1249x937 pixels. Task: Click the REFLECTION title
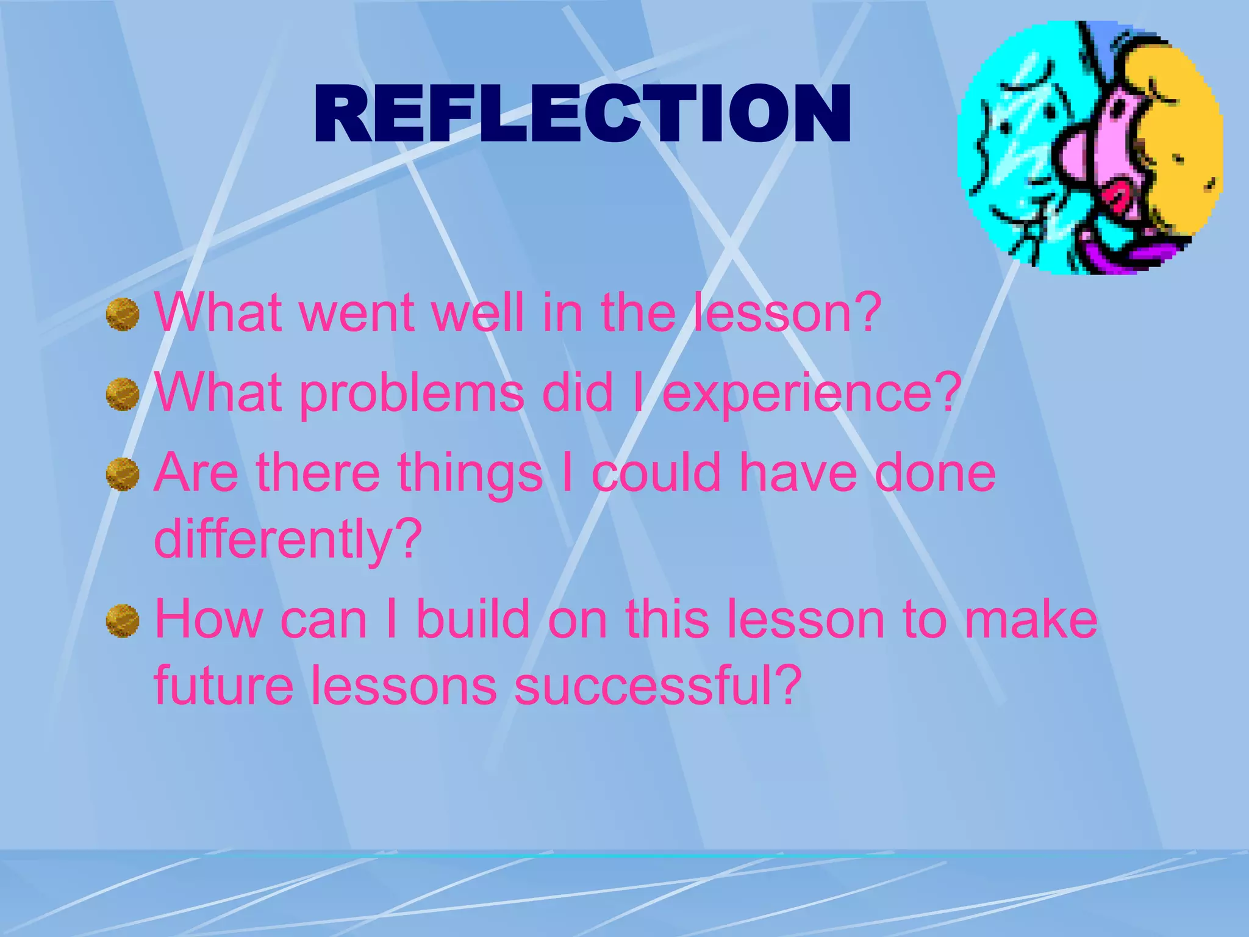click(x=582, y=114)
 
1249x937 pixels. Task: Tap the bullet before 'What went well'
click(x=123, y=314)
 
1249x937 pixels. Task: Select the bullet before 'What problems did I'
click(x=123, y=394)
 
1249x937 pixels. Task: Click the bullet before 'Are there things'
click(x=123, y=474)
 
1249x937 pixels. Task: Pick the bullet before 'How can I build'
click(x=123, y=620)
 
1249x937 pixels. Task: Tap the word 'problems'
click(x=412, y=393)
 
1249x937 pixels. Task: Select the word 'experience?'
click(x=812, y=393)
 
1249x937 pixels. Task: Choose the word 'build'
click(x=473, y=620)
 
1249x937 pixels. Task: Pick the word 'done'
click(x=936, y=473)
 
